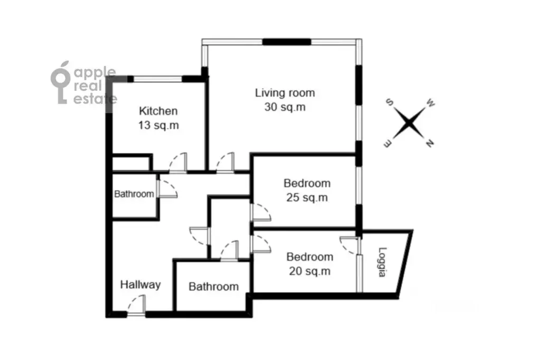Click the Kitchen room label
158,111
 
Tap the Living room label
285,93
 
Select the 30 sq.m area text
285,107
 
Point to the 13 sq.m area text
158,125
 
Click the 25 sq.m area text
307,198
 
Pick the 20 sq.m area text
310,271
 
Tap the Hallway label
140,285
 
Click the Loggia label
383,262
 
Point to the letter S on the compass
390,102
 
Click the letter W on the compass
431,102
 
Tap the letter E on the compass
387,144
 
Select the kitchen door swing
178,163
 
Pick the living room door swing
225,163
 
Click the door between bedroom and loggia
349,245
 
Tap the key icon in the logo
61,83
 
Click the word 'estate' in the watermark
96,99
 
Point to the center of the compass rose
409,123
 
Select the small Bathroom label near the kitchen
134,194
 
